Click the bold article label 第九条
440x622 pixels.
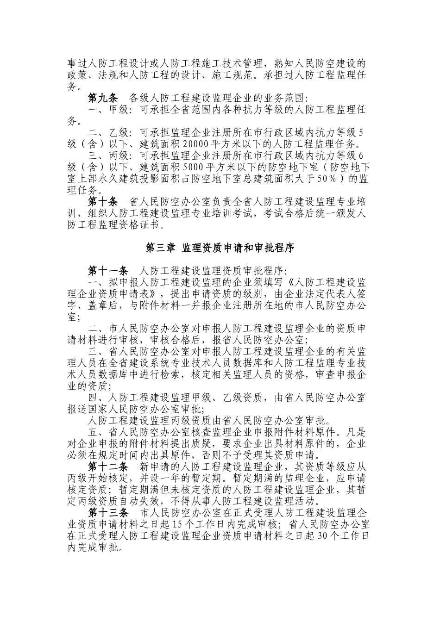tap(103, 98)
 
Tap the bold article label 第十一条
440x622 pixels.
tap(108, 271)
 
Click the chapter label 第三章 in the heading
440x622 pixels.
tap(160, 248)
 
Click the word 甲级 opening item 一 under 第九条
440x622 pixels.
tap(114, 110)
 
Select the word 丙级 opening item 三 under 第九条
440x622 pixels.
tap(114, 156)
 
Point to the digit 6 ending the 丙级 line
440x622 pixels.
tap(361, 156)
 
